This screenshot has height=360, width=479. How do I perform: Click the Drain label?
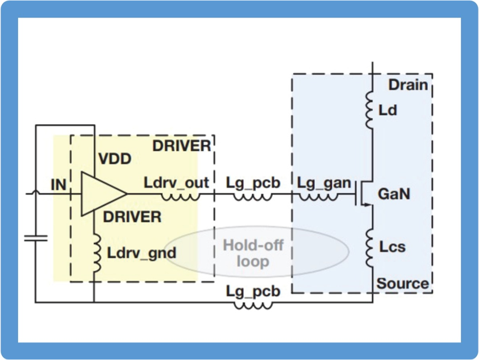pos(407,85)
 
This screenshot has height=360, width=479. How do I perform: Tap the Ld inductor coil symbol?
pos(370,111)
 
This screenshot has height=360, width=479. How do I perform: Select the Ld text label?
pos(388,111)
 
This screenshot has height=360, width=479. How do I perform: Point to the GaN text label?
pos(394,194)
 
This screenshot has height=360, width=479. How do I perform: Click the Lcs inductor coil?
pos(370,247)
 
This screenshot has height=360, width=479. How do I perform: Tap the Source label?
pos(402,283)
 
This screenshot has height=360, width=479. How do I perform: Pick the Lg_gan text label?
pos(324,183)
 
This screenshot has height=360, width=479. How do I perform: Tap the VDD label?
pos(115,159)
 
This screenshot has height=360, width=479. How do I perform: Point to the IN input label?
pos(58,185)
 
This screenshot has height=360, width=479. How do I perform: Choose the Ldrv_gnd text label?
pos(141,252)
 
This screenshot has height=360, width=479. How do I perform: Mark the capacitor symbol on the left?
pos(35,237)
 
